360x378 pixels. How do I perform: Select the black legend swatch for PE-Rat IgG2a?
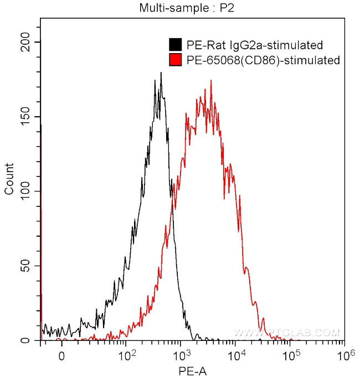coord(176,45)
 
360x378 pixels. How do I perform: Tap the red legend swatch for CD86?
coord(176,60)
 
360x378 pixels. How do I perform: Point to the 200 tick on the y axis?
coord(25,42)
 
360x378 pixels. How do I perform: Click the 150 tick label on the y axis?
coord(25,117)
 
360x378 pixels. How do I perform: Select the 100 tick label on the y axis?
coord(25,191)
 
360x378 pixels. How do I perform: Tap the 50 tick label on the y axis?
coord(28,266)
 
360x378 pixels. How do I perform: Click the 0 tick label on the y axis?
coord(31,341)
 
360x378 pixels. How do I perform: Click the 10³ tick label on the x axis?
coord(181,354)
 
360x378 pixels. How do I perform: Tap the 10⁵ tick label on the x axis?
coord(290,354)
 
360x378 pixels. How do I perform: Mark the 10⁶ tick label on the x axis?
coord(344,354)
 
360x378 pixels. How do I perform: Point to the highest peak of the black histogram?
coord(161,73)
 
